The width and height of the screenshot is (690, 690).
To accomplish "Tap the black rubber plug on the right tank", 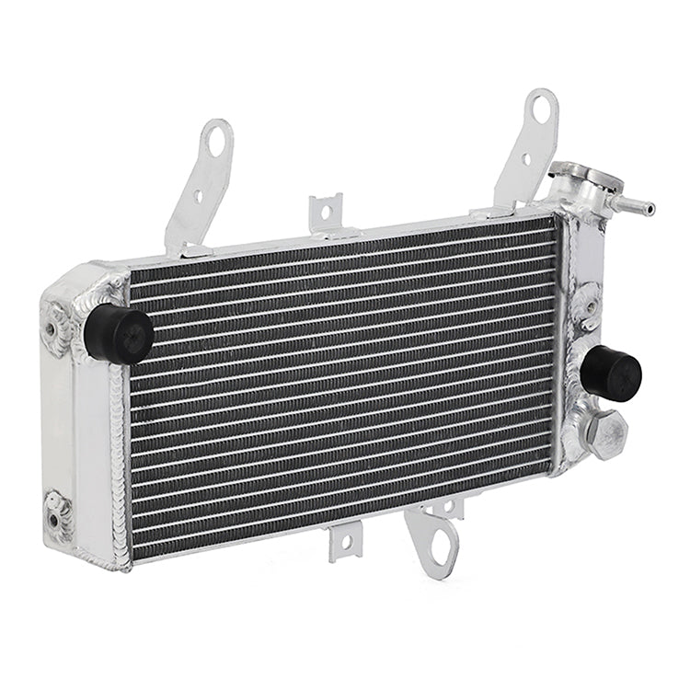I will [612, 373].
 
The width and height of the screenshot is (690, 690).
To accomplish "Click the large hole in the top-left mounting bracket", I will [216, 144].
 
